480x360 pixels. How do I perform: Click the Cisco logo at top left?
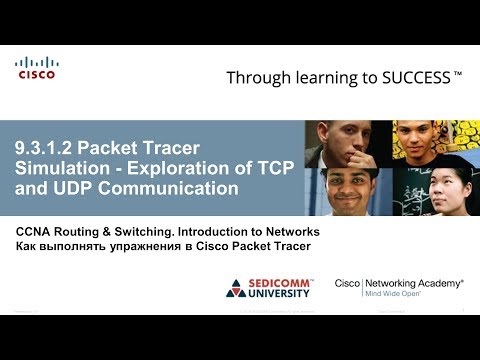pyautogui.click(x=36, y=68)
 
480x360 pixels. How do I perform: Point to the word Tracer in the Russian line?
pyautogui.click(x=289, y=246)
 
